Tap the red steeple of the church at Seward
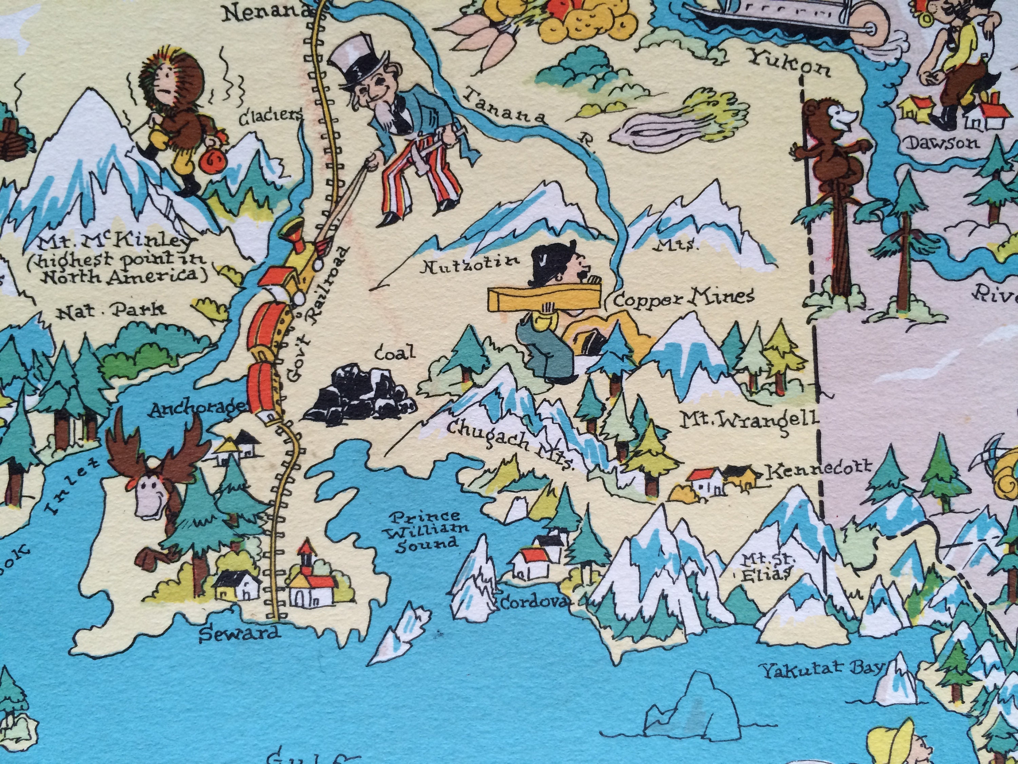(306, 548)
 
